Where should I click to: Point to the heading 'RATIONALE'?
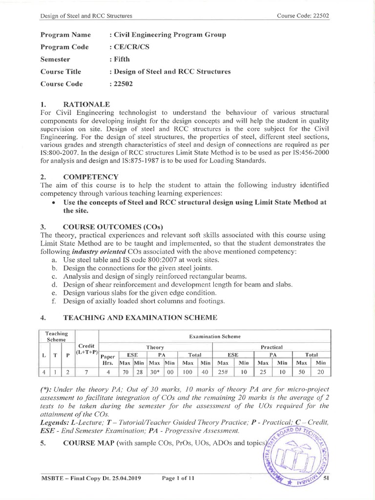pyautogui.click(x=86, y=104)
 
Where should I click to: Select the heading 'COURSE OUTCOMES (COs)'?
pyautogui.click(x=113, y=227)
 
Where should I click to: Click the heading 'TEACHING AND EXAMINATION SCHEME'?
pyautogui.click(x=139, y=317)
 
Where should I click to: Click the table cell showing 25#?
pyautogui.click(x=223, y=372)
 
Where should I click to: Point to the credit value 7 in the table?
pyautogui.click(x=86, y=372)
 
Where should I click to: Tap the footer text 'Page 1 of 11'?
pyautogui.click(x=178, y=479)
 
